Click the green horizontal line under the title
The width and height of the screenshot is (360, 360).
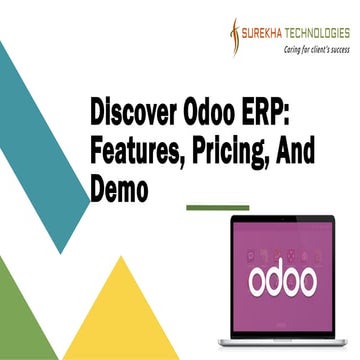point(218,208)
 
